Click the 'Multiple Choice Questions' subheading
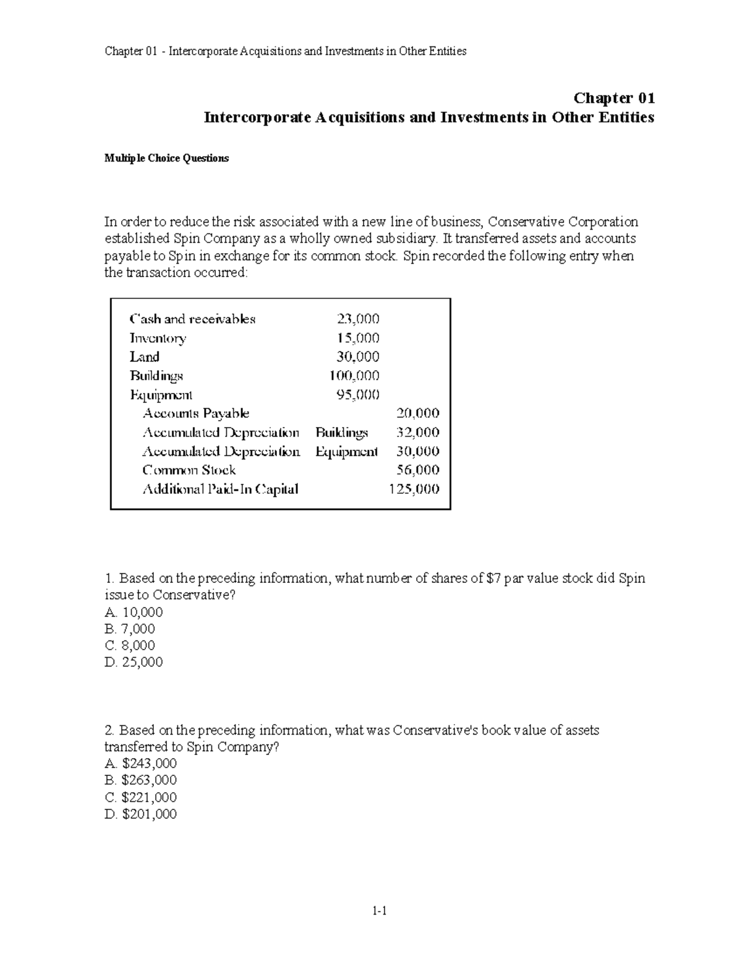tap(166, 158)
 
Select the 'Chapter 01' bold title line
tap(614, 98)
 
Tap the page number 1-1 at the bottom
tap(378, 910)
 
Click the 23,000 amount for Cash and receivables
tap(358, 319)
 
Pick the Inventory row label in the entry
tap(158, 338)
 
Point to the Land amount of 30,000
tap(358, 357)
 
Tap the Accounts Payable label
tap(195, 413)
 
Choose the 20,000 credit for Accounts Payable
tap(417, 413)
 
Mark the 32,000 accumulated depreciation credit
tap(417, 433)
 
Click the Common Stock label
tap(189, 470)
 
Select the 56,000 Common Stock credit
tap(417, 470)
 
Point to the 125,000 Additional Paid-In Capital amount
tap(414, 489)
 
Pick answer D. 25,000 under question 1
tap(134, 662)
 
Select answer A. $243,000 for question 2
tap(141, 764)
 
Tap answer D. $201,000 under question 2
tap(141, 814)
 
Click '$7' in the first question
tap(493, 579)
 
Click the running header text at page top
tap(285, 51)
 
